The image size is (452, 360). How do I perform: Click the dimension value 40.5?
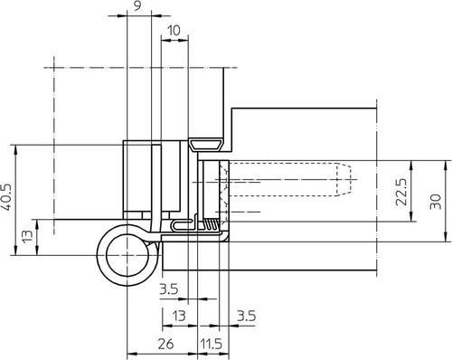coord(7,197)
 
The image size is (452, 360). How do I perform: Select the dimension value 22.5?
coord(401,192)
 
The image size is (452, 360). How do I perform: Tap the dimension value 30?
coord(436,202)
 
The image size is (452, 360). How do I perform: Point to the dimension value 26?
coord(165,344)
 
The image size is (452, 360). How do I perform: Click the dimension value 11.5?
coord(212,344)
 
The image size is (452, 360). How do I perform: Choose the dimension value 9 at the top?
coord(137,6)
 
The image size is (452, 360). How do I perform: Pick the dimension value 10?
coord(174,31)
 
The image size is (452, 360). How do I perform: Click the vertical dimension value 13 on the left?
coord(27,237)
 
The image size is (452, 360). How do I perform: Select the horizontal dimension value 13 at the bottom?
coord(179,317)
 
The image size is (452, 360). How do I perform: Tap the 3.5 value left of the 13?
coord(169,289)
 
